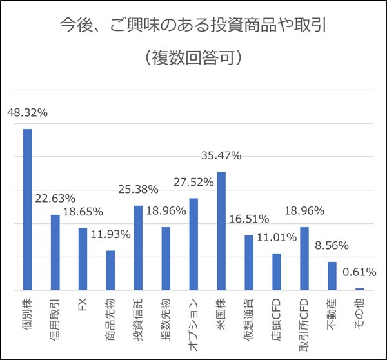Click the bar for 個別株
[x=28, y=209]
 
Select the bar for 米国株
[x=221, y=231]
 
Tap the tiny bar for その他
[x=359, y=289]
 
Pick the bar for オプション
[x=193, y=244]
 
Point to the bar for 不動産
[x=332, y=275]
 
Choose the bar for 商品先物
[x=110, y=270]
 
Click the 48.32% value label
[x=28, y=112]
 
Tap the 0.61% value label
[x=361, y=272]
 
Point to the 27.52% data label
[x=193, y=183]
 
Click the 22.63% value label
[x=55, y=198]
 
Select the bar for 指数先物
[x=166, y=259]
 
